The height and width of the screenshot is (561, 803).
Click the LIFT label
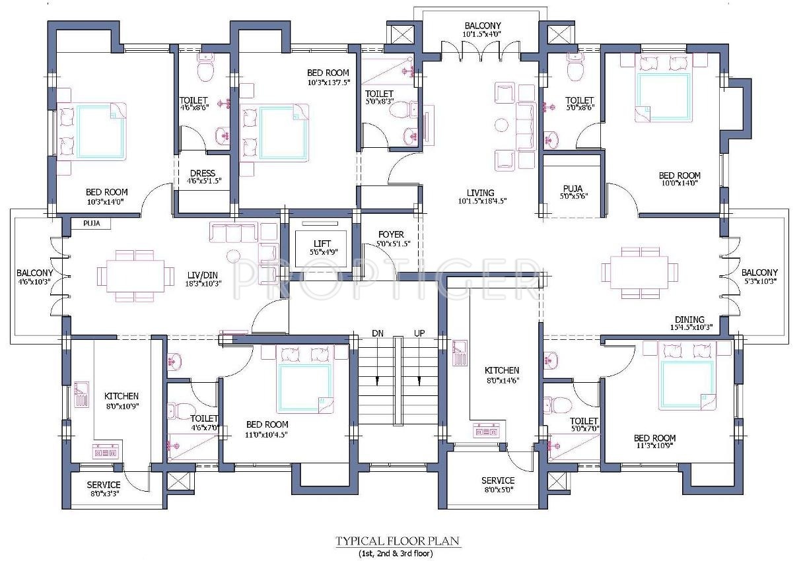tap(322, 244)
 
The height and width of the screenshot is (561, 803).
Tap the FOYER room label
tap(391, 235)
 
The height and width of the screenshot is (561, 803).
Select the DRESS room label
tap(203, 174)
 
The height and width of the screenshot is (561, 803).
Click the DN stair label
tap(378, 333)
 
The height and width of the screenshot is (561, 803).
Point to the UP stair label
tap(419, 333)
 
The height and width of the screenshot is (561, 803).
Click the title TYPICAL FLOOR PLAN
tap(397, 541)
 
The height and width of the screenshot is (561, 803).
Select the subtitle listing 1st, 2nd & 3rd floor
tap(396, 554)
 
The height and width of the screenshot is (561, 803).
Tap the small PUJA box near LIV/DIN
tap(91, 224)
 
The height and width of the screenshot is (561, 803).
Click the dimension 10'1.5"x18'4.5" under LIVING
tap(482, 201)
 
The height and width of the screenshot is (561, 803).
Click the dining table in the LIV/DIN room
tap(135, 276)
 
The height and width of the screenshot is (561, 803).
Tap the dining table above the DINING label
tap(639, 273)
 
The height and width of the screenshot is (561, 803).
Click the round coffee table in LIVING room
tap(501, 125)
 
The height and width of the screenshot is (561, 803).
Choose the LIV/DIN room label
tap(203, 275)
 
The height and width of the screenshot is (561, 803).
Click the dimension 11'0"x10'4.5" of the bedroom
tap(267, 434)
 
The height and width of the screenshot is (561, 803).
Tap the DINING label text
tap(689, 319)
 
